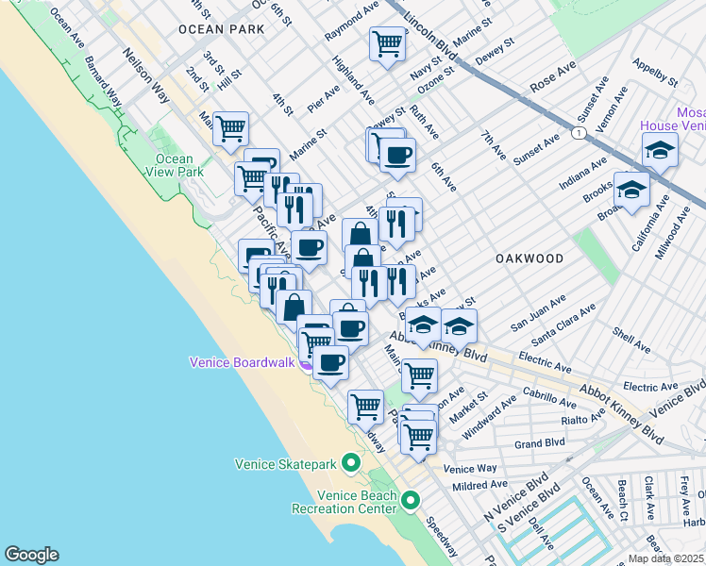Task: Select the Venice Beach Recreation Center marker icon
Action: click(x=410, y=499)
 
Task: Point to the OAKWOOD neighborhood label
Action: click(x=530, y=258)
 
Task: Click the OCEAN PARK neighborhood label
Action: click(x=221, y=30)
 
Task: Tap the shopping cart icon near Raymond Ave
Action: click(x=386, y=43)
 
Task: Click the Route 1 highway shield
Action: click(x=576, y=136)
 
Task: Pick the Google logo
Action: click(x=31, y=555)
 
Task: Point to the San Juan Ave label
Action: click(x=538, y=312)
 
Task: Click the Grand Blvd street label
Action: click(x=540, y=442)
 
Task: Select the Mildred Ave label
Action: click(x=480, y=486)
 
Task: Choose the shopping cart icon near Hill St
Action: click(x=230, y=128)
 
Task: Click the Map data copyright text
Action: click(x=666, y=558)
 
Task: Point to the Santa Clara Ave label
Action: click(x=563, y=324)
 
